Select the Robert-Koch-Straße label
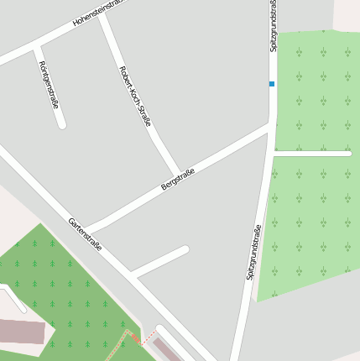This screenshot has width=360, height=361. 135,96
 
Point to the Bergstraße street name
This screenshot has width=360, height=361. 178,180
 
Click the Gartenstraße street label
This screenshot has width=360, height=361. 85,235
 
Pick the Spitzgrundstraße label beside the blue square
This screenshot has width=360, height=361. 274,25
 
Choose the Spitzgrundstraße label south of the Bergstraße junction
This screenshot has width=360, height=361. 254,251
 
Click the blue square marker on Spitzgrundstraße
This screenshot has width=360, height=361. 271,84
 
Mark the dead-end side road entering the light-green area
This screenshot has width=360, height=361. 312,153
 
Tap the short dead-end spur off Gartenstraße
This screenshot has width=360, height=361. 160,261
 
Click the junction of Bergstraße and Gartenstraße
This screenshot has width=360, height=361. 86,230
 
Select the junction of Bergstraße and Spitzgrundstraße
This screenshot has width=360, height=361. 271,127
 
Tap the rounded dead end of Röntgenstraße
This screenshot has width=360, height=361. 61,125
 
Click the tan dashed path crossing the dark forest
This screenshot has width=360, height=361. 118,346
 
